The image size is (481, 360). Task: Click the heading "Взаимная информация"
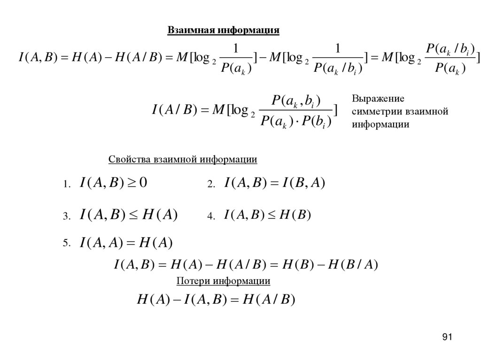tap(224, 31)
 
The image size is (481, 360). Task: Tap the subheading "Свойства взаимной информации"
tap(183, 160)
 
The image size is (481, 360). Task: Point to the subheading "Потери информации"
tap(223, 281)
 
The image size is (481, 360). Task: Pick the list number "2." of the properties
tap(211, 185)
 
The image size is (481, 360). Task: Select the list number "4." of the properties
tap(211, 216)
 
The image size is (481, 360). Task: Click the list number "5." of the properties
tap(66, 243)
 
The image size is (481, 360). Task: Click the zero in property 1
tap(142, 183)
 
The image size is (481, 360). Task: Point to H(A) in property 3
tap(159, 215)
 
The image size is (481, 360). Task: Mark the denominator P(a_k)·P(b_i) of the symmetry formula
tap(296, 122)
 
